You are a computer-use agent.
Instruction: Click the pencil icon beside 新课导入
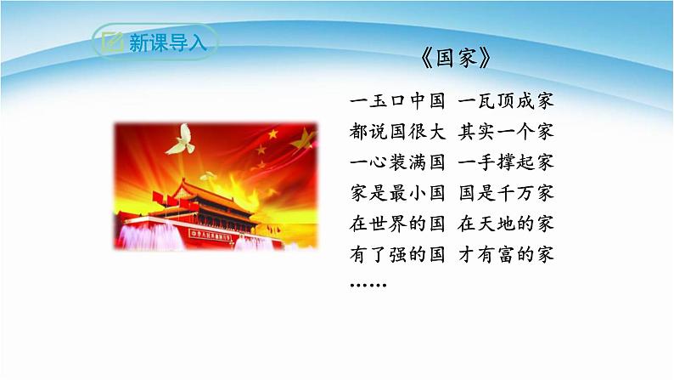click(110, 42)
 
